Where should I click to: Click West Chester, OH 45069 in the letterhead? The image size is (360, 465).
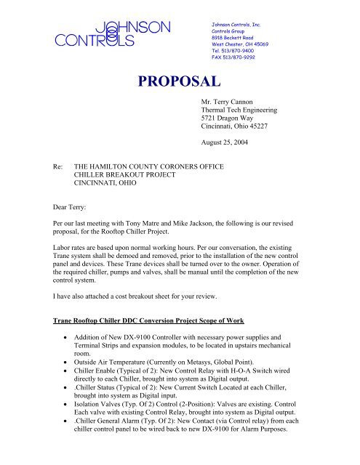[237, 45]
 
